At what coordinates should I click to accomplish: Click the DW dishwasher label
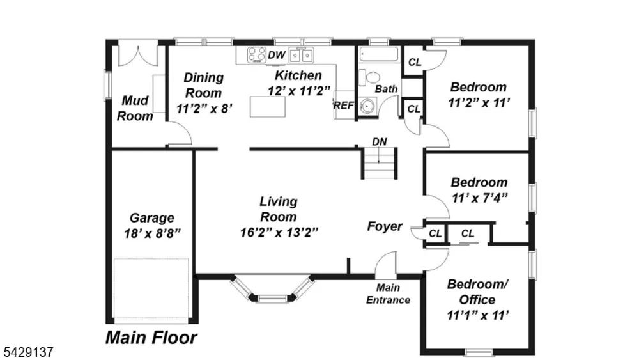pos(276,55)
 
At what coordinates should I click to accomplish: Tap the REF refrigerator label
pos(344,106)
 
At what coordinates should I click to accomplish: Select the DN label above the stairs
pos(380,142)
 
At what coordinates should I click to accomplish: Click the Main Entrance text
pos(388,294)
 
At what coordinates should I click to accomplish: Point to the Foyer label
pos(385,226)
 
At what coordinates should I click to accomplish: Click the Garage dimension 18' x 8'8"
pos(153,233)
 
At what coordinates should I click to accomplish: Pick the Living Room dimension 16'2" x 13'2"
pos(279,232)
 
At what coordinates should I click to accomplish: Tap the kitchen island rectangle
pos(267,107)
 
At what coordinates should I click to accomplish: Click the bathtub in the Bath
pos(379,54)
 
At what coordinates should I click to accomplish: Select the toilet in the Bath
pos(369,77)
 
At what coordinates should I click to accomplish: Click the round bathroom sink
pos(367,106)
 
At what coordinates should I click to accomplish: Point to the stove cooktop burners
pos(257,55)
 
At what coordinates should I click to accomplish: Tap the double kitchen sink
pos(301,55)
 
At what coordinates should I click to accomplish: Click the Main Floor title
pos(151,338)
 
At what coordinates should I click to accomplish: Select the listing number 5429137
pos(29,352)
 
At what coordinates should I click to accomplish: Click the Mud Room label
pos(135,108)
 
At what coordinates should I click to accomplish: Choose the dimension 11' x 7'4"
pos(480,198)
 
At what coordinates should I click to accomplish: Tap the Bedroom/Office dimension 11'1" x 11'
pos(477,315)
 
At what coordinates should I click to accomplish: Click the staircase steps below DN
pos(379,163)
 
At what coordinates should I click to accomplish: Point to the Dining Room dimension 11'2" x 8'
pos(204,109)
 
